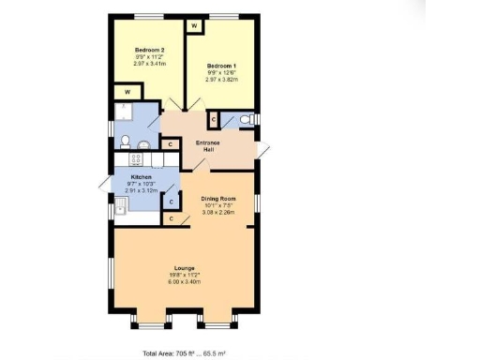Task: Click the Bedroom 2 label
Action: (150, 50)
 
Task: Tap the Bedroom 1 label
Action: (222, 66)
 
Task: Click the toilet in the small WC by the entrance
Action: (245, 120)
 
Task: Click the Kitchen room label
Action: (142, 177)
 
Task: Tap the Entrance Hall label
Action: (207, 146)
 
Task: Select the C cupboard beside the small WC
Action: (213, 119)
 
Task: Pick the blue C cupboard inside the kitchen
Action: (171, 200)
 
